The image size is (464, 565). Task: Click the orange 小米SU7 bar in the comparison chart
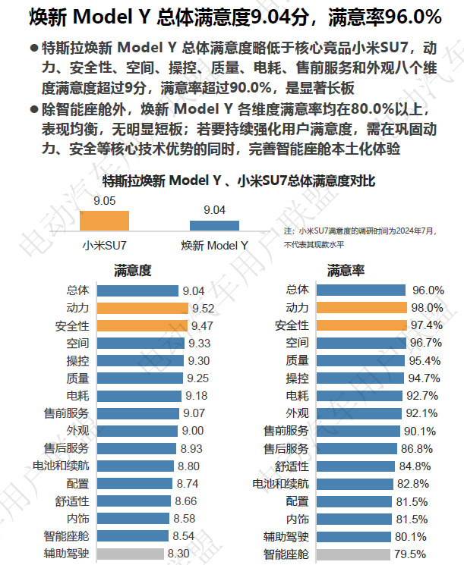click(x=104, y=221)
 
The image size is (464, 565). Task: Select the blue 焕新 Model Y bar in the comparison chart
click(x=214, y=225)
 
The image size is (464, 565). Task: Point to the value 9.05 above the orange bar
click(x=105, y=201)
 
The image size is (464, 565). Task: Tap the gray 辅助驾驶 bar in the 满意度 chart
click(x=131, y=554)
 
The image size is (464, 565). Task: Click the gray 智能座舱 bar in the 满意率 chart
click(x=353, y=554)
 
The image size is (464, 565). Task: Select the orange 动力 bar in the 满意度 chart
click(x=143, y=308)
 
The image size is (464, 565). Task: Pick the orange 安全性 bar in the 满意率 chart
click(x=362, y=325)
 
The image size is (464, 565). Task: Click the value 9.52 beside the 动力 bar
click(x=203, y=309)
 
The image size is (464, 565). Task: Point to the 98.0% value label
click(x=428, y=308)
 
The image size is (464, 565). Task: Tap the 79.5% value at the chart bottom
click(x=410, y=554)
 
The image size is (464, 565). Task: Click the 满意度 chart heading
click(x=133, y=270)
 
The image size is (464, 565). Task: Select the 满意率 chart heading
click(x=346, y=270)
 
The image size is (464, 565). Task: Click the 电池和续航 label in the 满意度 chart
click(x=61, y=466)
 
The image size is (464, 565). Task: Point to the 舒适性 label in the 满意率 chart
click(x=292, y=466)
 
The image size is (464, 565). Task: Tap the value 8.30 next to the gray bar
click(x=178, y=554)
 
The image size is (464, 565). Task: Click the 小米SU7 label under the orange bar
click(x=104, y=246)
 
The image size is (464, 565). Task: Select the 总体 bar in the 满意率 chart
click(x=361, y=290)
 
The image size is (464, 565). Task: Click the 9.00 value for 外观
click(x=193, y=431)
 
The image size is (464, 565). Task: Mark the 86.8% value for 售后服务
click(x=417, y=449)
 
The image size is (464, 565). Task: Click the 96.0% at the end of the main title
click(x=413, y=17)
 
